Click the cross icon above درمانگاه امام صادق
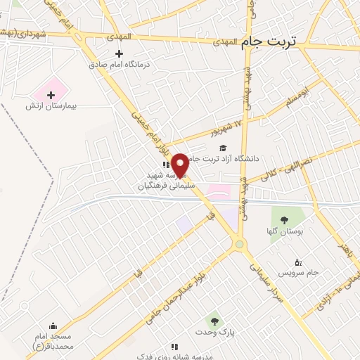click(119, 53)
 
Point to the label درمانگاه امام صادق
click(120, 63)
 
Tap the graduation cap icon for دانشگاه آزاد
click(223, 148)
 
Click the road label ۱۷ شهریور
click(226, 129)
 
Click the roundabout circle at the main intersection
click(240, 244)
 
